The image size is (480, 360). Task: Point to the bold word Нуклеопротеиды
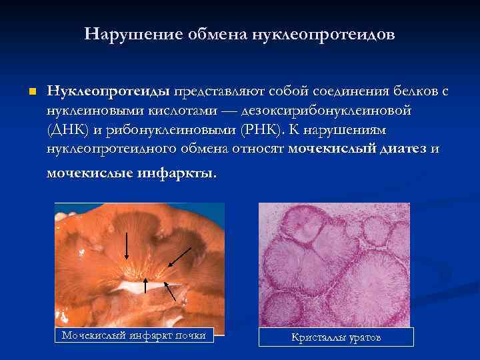[109, 91]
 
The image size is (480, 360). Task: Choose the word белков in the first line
[411, 91]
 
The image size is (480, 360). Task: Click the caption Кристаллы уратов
[336, 337]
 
